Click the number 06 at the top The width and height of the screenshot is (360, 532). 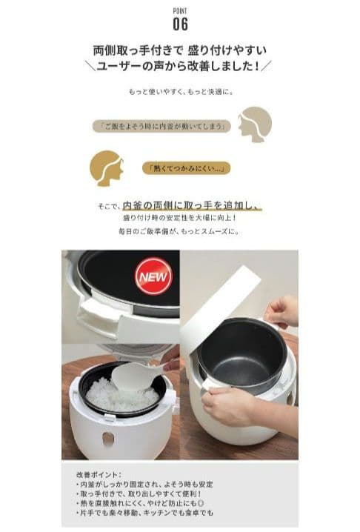(x=180, y=24)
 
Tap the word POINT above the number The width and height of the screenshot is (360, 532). (x=180, y=11)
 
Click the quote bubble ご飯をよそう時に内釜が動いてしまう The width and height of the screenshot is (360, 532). (x=164, y=125)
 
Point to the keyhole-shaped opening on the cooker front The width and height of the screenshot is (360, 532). (x=108, y=439)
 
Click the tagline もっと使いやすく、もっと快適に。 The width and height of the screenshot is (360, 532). (x=180, y=92)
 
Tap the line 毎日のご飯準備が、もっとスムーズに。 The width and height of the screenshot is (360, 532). (x=180, y=231)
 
